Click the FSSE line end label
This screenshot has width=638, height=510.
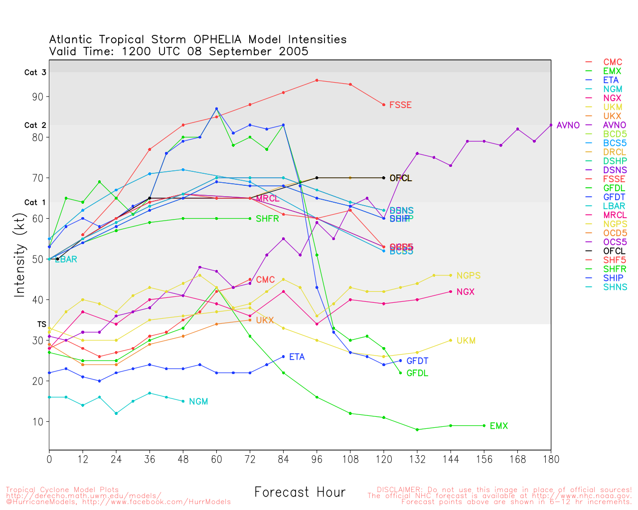click(400, 105)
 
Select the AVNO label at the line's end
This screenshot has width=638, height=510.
click(568, 126)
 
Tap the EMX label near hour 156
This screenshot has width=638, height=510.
click(498, 426)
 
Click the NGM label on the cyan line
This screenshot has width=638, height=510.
click(198, 402)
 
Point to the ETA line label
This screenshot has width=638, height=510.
click(297, 357)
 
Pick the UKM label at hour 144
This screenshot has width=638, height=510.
click(466, 341)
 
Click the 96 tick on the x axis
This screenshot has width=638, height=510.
click(317, 459)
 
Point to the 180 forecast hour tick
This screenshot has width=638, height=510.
click(551, 459)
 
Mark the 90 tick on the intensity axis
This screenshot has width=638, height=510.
click(37, 97)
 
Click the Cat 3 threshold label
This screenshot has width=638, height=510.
click(35, 73)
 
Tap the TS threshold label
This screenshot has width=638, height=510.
click(41, 325)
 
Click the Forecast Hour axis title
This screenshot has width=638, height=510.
click(300, 493)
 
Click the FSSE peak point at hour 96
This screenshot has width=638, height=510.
click(317, 80)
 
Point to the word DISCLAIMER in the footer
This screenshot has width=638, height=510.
click(399, 490)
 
